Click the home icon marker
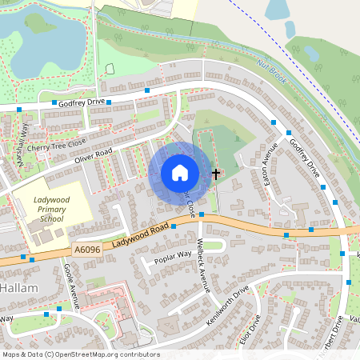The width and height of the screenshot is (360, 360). (x=179, y=173)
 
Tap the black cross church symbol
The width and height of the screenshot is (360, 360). (x=215, y=173)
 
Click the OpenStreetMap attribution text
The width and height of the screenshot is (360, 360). (x=80, y=354)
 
